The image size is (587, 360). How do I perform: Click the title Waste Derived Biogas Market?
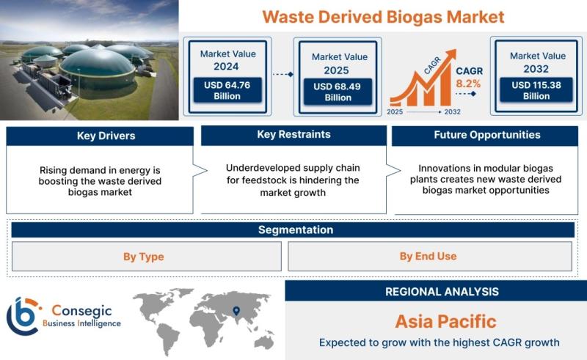tap(383, 17)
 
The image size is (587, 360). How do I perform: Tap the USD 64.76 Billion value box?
tap(227, 90)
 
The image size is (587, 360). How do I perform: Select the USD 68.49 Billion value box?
tap(338, 92)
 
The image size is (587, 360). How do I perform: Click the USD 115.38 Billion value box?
tap(536, 89)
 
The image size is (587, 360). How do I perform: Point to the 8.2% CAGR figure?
tap(468, 84)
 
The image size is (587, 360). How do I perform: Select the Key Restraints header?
tap(294, 135)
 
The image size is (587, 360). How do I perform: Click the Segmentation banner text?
tap(296, 229)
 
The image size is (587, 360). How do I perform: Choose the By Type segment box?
tap(146, 257)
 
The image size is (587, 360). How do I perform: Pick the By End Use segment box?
tap(430, 257)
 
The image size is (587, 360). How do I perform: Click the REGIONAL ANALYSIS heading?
tap(442, 292)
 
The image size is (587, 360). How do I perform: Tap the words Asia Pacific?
tap(445, 321)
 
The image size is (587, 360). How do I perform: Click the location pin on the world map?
tap(236, 311)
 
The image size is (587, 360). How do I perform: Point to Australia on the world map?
tap(263, 342)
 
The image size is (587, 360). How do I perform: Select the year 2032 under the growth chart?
tap(452, 111)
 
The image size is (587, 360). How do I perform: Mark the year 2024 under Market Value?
tap(226, 66)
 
